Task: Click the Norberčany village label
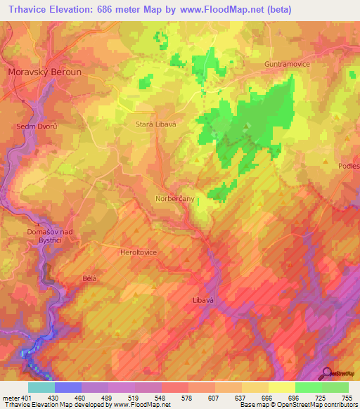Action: (174, 199)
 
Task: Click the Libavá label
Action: (202, 300)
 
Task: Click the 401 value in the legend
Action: (23, 396)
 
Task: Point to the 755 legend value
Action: (347, 396)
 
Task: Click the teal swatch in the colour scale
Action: (41, 387)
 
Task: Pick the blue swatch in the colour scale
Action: (68, 387)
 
